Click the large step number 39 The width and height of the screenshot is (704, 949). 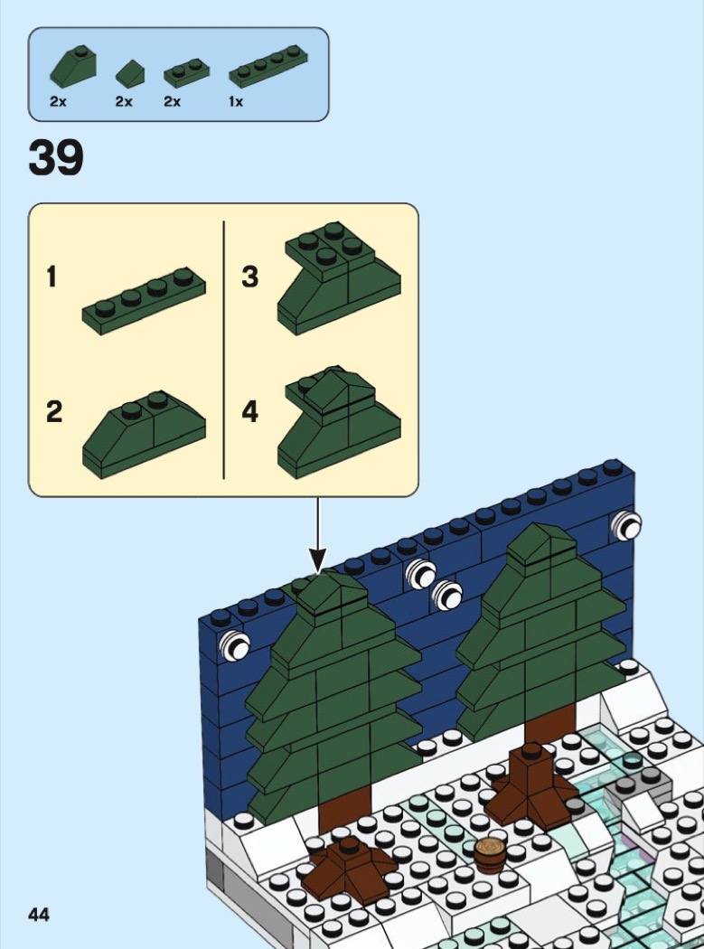(56, 157)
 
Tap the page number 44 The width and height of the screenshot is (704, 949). (39, 914)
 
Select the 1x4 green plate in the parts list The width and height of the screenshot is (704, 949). (268, 67)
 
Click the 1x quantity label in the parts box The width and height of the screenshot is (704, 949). (236, 101)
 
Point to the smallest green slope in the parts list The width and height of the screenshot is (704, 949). (130, 72)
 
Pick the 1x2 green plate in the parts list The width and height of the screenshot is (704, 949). (186, 73)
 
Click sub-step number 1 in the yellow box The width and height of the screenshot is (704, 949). (52, 277)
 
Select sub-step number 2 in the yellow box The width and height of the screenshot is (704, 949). (54, 411)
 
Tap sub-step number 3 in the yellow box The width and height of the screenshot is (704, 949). (250, 277)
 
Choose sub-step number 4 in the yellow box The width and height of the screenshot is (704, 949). (250, 411)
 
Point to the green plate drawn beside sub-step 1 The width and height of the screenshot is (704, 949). (144, 301)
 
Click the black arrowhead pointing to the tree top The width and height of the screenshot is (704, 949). (318, 559)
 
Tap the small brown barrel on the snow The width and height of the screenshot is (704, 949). (490, 855)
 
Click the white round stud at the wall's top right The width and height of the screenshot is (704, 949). (627, 526)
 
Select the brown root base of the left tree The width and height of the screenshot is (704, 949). (349, 867)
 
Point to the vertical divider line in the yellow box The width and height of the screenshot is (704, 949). (224, 350)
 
